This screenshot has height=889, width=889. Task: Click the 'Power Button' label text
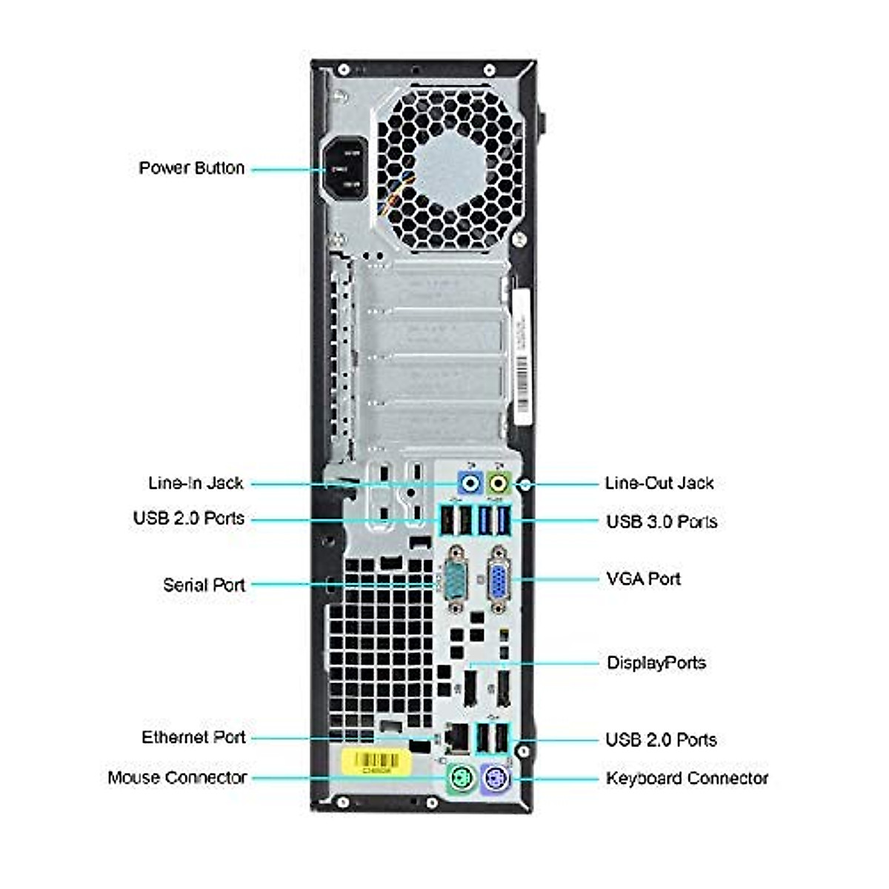[192, 168]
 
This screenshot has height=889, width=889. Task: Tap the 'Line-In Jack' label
[196, 483]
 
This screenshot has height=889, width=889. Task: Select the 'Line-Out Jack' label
[659, 483]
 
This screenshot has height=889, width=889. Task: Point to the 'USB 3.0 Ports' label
[662, 522]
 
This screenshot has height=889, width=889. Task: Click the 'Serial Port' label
[204, 585]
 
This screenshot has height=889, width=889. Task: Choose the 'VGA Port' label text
[643, 579]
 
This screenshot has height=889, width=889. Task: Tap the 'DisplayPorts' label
[656, 662]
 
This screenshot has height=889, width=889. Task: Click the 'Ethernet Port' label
[193, 737]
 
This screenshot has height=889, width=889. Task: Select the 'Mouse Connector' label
[177, 777]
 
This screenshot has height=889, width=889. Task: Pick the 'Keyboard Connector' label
[687, 778]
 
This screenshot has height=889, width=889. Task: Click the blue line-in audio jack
[470, 484]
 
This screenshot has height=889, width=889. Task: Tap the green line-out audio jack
[499, 484]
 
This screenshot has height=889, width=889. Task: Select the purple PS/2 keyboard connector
[493, 779]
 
